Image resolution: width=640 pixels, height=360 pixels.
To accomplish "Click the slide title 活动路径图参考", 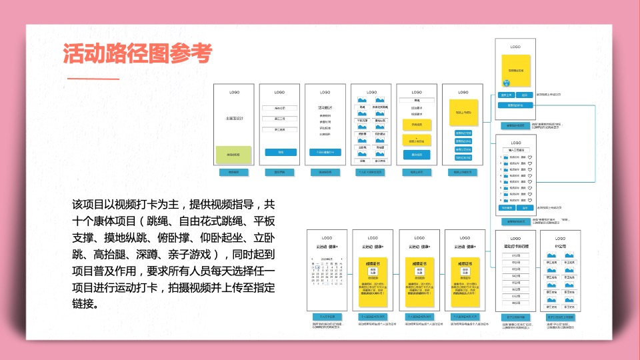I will click(x=137, y=54).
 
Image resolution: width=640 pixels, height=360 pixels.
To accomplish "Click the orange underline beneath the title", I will click(x=89, y=79).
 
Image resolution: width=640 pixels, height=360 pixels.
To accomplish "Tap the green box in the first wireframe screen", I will click(x=233, y=155).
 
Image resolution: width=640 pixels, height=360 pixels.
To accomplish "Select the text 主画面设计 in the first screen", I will click(x=234, y=118).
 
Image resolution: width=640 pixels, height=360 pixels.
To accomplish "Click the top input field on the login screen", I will click(x=279, y=108).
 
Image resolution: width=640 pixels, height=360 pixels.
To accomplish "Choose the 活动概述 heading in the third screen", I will click(x=325, y=107).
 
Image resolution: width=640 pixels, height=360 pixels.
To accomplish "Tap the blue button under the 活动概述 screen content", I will click(x=325, y=153).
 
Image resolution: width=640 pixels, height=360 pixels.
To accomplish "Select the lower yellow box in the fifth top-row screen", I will click(x=417, y=141).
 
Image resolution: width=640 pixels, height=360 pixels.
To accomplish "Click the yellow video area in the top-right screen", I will click(x=515, y=71).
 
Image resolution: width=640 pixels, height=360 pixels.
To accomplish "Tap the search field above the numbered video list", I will click(x=515, y=150).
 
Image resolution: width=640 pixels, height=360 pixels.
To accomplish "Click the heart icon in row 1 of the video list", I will click(x=529, y=157).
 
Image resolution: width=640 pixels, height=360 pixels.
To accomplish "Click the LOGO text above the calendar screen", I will click(x=327, y=238).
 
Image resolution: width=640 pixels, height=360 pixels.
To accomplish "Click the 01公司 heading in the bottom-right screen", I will click(x=560, y=247).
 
